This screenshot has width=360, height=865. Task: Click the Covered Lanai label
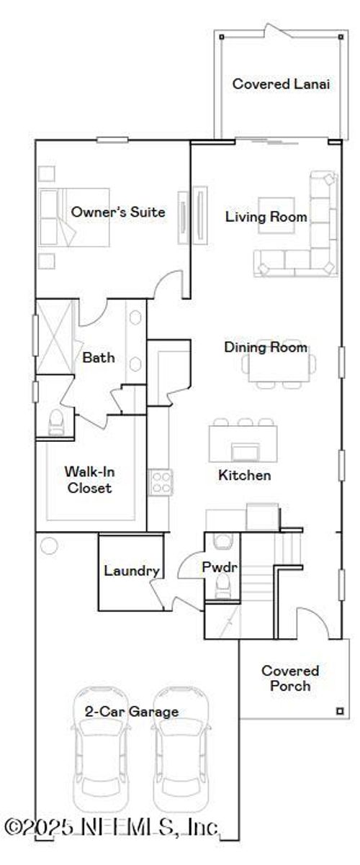(281, 83)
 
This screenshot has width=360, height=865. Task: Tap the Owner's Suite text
(118, 212)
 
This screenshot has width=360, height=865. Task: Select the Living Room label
(266, 217)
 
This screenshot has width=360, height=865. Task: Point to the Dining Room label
(266, 347)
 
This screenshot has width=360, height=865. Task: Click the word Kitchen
(245, 475)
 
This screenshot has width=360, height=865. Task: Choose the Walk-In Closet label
(89, 479)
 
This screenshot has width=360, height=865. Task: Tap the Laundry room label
(132, 571)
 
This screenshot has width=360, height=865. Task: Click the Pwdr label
(220, 567)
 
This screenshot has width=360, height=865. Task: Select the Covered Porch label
(290, 678)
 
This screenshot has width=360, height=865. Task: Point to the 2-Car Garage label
(132, 711)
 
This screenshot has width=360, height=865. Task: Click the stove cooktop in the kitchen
(161, 482)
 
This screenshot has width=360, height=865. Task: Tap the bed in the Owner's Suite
(75, 217)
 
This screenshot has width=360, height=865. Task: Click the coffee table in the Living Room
(276, 215)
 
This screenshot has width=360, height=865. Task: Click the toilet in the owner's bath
(56, 423)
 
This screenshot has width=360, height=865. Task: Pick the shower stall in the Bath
(55, 337)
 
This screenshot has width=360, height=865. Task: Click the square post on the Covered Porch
(340, 711)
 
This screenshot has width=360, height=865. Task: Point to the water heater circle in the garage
(49, 546)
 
